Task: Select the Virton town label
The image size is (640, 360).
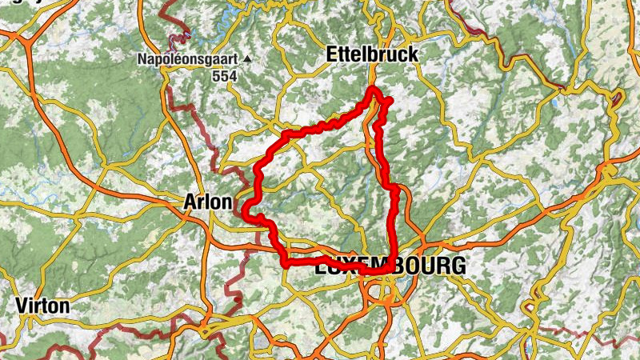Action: tap(42, 306)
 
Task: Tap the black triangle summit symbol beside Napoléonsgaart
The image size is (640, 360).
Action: tap(248, 59)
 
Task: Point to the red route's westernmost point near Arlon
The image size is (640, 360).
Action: tap(242, 211)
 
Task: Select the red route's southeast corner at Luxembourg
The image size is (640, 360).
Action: tap(390, 270)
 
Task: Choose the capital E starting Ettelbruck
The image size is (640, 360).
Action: tap(333, 54)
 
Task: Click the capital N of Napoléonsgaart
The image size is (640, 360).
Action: tap(142, 59)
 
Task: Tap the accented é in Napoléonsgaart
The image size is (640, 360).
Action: tap(178, 59)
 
